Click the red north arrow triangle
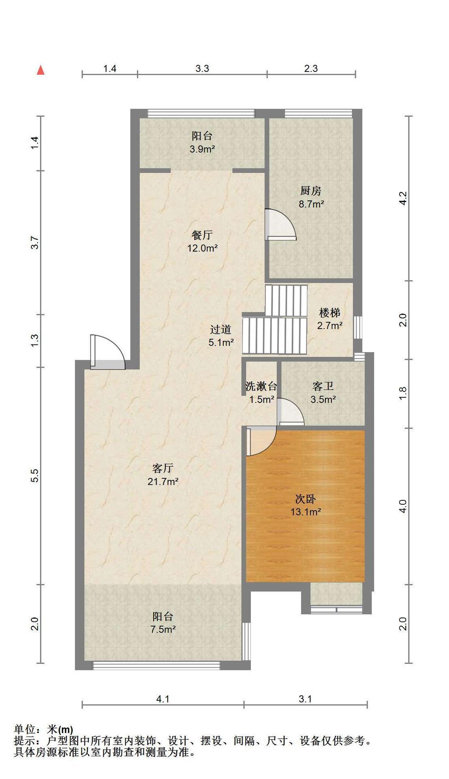point(41,70)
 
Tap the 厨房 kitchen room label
point(311,190)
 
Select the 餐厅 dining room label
point(202,235)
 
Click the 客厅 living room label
point(163,468)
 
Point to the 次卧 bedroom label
point(306,499)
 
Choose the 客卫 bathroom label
point(323,386)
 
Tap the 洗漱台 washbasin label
point(261,386)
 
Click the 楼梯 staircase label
point(329,312)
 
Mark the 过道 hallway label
point(221,329)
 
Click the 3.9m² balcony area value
point(202,149)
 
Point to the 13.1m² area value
point(306,512)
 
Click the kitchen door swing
point(280,225)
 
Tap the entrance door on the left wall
point(107,352)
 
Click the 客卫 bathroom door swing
point(291,411)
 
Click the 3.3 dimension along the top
point(202,69)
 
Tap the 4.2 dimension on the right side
point(402,198)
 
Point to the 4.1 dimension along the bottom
point(163,699)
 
